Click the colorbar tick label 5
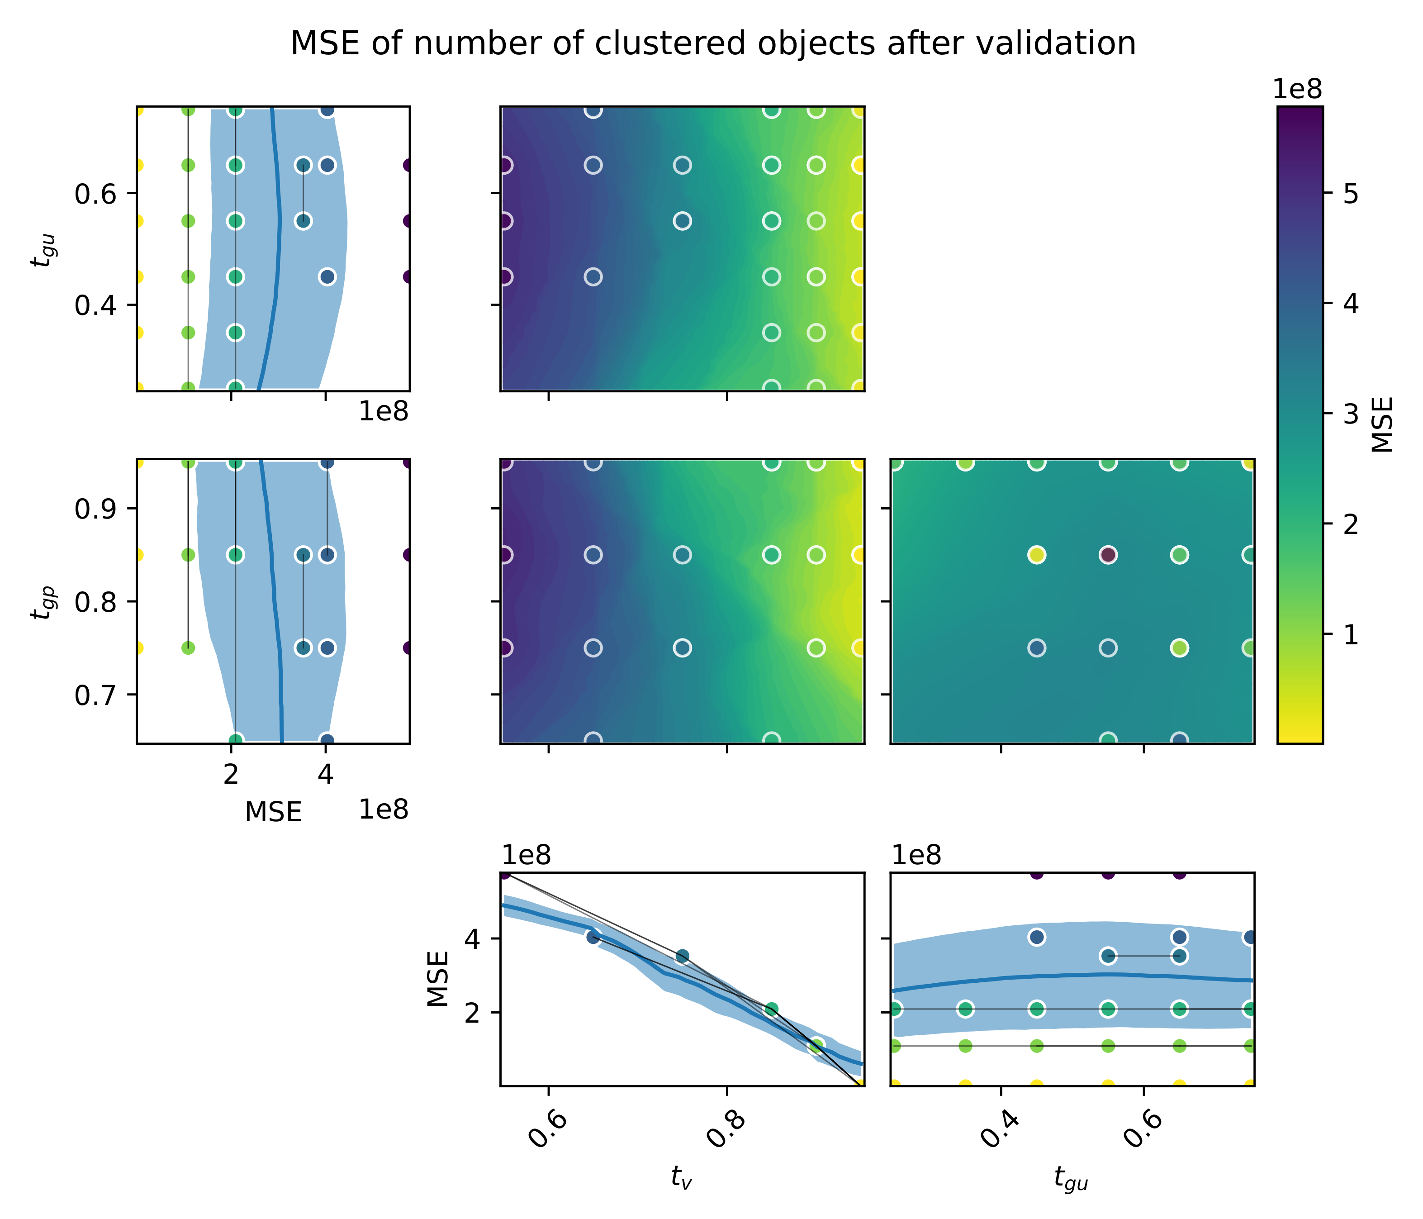point(1350,195)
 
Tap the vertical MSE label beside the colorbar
point(1382,424)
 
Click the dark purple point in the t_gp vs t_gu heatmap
point(1108,555)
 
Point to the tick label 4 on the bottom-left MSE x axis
point(326,774)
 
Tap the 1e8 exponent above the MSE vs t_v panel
point(526,856)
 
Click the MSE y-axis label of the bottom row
point(437,978)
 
